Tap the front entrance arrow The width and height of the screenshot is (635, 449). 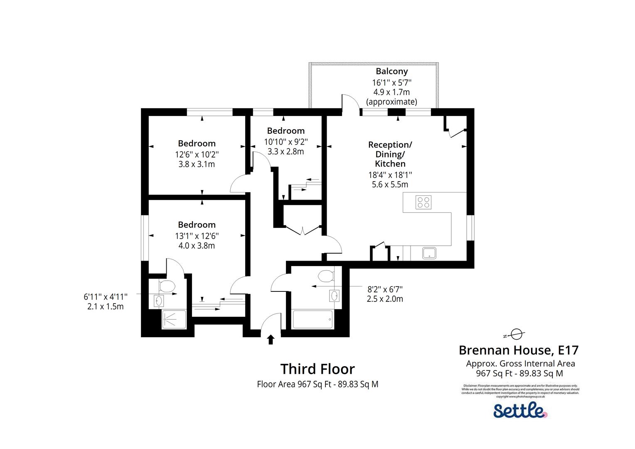271,339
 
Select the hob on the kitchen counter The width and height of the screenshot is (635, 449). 423,202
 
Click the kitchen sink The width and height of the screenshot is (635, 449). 429,253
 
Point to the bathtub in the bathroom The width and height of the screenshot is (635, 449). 313,319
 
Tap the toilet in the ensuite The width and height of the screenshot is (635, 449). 167,286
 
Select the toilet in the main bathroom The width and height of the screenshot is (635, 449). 325,275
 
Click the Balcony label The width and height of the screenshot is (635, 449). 391,71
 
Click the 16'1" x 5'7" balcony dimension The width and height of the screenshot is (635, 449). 391,82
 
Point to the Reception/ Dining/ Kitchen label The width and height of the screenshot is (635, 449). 390,154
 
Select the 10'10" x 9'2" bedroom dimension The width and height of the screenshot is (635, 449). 286,141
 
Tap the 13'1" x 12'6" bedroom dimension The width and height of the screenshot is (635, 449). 197,235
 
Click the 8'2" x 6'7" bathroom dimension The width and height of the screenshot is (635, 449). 385,289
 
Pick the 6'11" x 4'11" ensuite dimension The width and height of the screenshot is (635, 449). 106,297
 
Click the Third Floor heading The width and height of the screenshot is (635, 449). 317,369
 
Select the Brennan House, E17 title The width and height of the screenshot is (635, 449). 518,350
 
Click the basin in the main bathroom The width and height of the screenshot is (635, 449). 335,296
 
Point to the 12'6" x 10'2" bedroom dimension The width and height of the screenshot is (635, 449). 197,154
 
